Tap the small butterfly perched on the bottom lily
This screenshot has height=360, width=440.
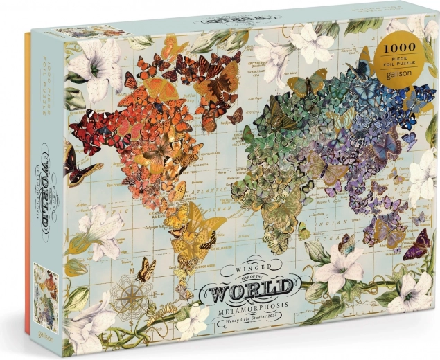(x=347, y=243)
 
